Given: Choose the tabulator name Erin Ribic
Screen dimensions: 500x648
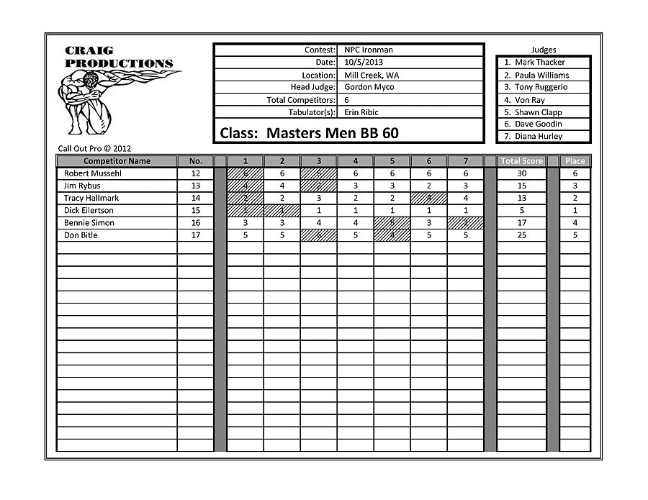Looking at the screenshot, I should point(361,112).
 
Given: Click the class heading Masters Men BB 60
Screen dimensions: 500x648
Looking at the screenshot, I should point(309,133).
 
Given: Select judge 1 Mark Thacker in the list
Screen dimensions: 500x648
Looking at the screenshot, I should point(539,63).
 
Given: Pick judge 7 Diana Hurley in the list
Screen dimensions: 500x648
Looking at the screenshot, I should point(539,137).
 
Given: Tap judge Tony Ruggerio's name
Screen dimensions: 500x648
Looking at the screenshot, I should point(541,87).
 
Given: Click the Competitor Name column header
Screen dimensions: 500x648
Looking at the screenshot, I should point(117,161).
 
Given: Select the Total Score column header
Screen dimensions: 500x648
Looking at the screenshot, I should point(522,161).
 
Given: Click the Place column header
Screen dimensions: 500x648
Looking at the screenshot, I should point(575,161).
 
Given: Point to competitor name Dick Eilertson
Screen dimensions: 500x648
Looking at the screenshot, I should point(89,211).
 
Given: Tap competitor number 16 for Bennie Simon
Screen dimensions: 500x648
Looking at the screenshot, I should point(195,223).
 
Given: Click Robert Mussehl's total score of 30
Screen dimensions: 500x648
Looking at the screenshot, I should point(522,173).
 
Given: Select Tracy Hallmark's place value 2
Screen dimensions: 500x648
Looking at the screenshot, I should point(575,198).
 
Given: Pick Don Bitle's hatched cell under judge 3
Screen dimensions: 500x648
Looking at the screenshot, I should point(318,235).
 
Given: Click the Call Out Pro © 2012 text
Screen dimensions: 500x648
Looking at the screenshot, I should point(94,149).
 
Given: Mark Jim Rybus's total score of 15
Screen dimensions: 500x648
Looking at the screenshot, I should point(522,186).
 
